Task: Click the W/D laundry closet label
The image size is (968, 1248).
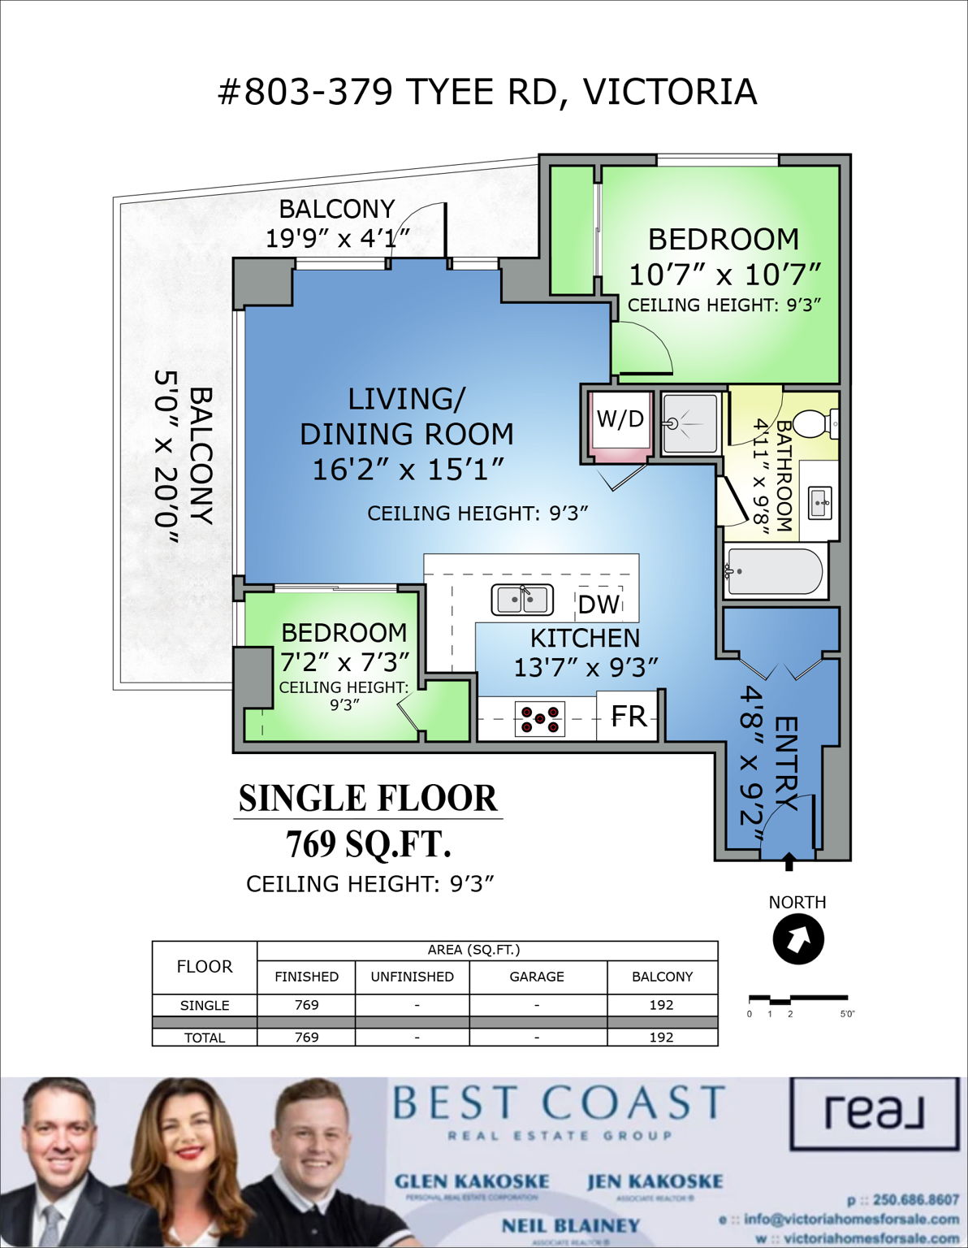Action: [x=620, y=419]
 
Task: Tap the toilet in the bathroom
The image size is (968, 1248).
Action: [x=814, y=423]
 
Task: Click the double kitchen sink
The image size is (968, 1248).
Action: [x=522, y=600]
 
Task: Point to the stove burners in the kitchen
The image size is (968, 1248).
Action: [x=540, y=719]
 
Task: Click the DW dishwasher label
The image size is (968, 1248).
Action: [x=599, y=604]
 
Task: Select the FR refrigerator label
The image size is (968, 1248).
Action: [x=629, y=716]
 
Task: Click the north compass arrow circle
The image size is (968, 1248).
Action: [x=798, y=939]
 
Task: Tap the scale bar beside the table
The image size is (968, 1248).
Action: [x=797, y=999]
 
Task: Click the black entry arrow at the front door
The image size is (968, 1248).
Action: [x=788, y=862]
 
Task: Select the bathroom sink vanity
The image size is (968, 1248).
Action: [x=819, y=501]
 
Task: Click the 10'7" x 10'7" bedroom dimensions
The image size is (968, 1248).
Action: [x=724, y=275]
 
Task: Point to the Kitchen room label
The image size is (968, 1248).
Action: [x=585, y=638]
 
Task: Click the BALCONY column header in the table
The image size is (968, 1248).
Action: [x=662, y=977]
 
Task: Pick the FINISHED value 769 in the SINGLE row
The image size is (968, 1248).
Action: [x=306, y=1005]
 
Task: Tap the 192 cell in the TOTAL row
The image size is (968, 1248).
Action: [x=661, y=1038]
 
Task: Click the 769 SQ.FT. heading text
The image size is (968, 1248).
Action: [x=368, y=845]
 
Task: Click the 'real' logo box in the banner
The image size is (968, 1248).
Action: [x=873, y=1113]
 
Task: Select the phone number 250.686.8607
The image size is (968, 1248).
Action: [x=915, y=1200]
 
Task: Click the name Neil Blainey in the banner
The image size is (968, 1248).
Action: [x=570, y=1225]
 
